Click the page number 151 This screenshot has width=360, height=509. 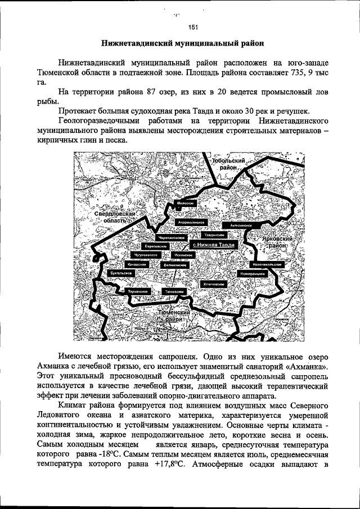tap(193, 26)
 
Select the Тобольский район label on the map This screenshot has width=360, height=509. tap(227, 164)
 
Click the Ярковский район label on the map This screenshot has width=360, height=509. tap(274, 242)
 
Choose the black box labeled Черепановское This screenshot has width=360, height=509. tap(170, 238)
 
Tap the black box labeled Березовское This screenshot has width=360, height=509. tap(154, 246)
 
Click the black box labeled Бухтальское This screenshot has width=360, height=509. tap(121, 273)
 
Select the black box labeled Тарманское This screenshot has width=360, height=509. tap(138, 292)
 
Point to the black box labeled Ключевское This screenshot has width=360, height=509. tap(214, 284)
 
